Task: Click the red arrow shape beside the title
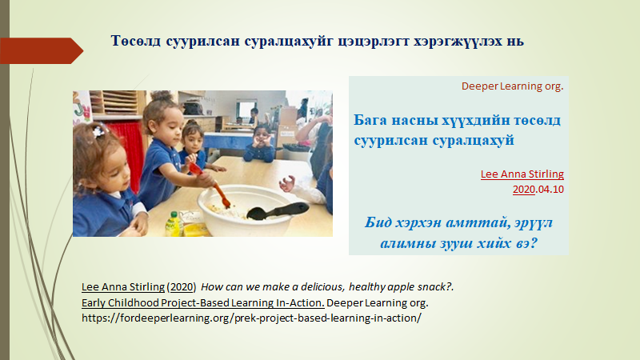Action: [x=41, y=50]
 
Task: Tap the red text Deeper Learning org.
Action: [x=512, y=86]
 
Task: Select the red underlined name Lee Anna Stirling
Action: [x=522, y=174]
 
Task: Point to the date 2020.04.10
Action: [x=538, y=190]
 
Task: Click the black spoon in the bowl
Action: [x=278, y=210]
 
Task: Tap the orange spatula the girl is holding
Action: [x=210, y=184]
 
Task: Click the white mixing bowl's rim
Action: [x=244, y=190]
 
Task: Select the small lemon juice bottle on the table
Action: [x=173, y=224]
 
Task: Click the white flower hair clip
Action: [x=98, y=131]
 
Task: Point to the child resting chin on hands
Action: [x=260, y=144]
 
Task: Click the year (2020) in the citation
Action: [x=182, y=287]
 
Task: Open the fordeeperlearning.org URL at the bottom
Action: [x=251, y=318]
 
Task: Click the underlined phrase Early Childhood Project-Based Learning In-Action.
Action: [x=203, y=303]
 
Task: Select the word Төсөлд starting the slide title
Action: [x=136, y=42]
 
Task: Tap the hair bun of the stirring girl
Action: [x=162, y=96]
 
